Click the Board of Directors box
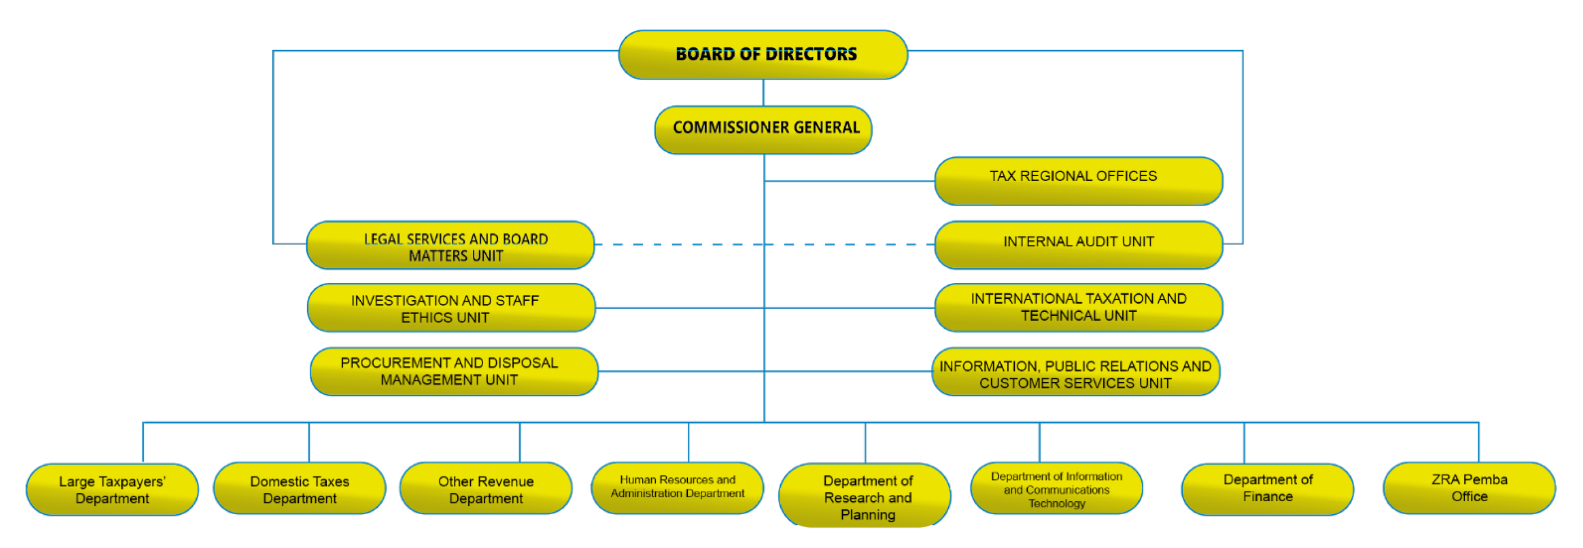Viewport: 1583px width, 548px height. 763,55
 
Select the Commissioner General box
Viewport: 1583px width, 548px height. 763,129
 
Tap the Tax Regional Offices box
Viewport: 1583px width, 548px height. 1078,180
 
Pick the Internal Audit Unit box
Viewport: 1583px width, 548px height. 1078,245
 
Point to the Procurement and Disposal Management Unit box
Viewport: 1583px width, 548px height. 453,371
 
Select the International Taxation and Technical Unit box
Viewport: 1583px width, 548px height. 1078,307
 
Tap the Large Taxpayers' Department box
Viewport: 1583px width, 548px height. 112,489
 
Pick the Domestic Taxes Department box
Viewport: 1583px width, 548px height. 299,489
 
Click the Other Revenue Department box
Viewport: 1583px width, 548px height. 485,489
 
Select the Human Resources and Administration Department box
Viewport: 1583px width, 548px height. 677,488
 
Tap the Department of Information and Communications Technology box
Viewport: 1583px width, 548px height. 1056,489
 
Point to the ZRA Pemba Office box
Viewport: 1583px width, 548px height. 1469,488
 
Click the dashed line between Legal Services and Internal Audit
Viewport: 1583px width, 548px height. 676,245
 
